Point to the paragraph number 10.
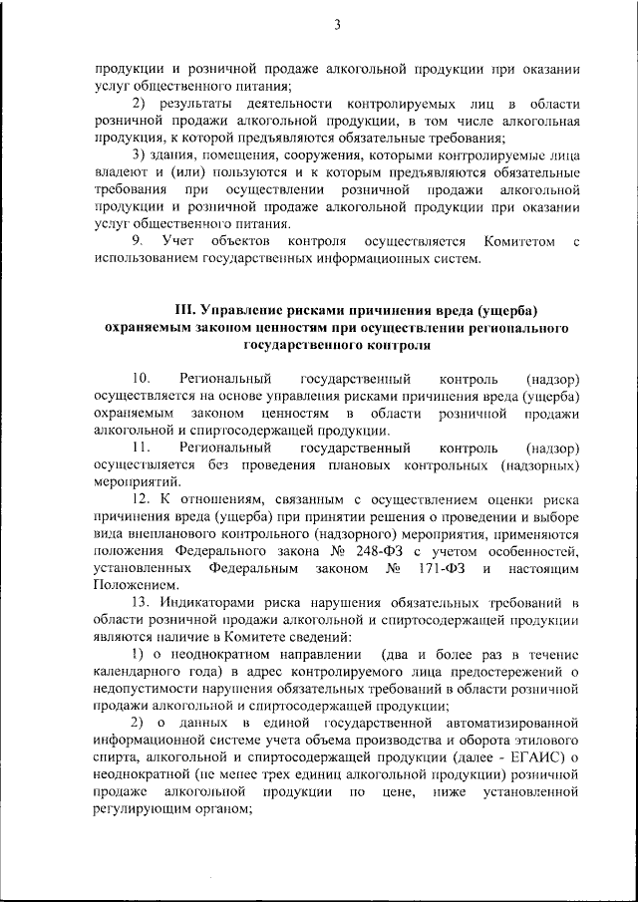pyautogui.click(x=141, y=380)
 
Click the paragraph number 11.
pyautogui.click(x=141, y=449)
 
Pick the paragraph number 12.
pyautogui.click(x=141, y=500)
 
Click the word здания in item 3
pyautogui.click(x=178, y=156)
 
